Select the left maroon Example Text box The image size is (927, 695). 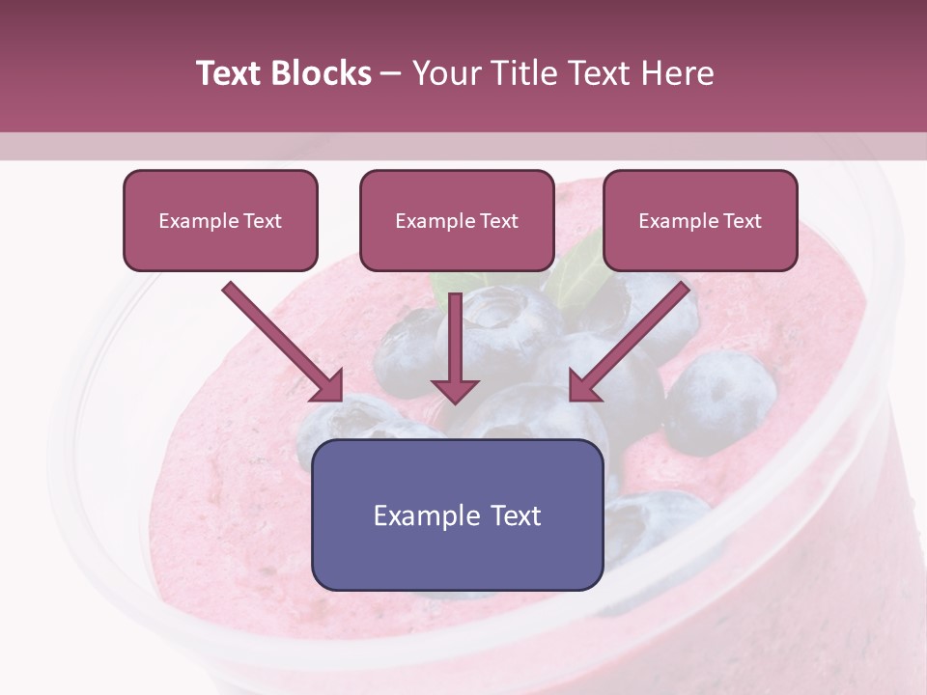point(220,220)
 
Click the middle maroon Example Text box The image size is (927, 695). point(457,220)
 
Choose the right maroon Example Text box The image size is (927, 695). point(700,220)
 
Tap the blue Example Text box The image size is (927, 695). point(457,514)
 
